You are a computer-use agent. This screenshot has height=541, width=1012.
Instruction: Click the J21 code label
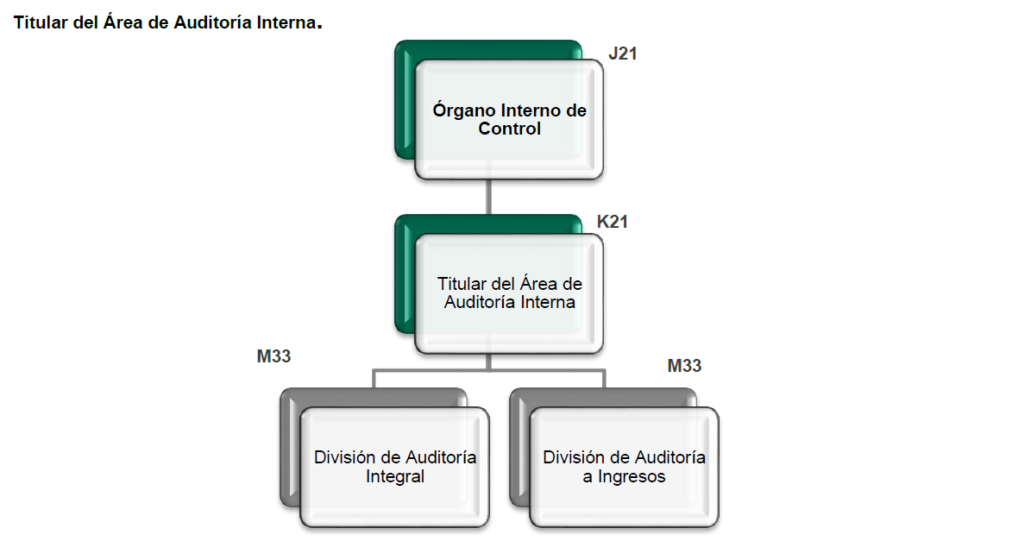(622, 53)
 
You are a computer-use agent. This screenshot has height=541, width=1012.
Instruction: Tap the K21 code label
(613, 222)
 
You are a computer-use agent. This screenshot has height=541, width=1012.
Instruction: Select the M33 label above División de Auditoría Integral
(273, 355)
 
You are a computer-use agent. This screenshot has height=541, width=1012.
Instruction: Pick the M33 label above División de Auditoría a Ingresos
(684, 366)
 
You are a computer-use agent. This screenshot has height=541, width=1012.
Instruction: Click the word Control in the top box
(509, 129)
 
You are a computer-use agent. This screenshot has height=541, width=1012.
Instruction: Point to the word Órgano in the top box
(464, 110)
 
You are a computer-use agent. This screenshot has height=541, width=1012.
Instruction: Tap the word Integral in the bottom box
(395, 476)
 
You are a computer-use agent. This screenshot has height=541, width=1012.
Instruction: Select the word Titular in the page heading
(41, 23)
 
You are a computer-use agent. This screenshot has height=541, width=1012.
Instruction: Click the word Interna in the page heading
(286, 23)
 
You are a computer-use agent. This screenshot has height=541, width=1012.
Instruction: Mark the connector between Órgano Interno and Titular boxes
(489, 197)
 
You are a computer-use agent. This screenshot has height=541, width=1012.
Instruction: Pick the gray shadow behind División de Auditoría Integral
(290, 449)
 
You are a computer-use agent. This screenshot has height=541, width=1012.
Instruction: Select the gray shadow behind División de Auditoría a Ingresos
(519, 449)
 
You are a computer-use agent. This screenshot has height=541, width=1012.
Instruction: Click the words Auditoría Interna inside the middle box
(509, 303)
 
